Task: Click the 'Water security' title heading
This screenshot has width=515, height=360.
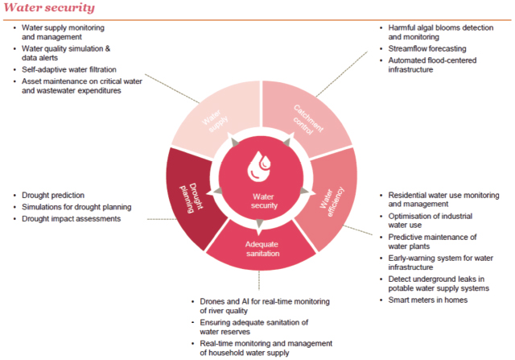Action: [x=49, y=7]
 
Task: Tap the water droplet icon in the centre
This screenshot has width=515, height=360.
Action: [x=259, y=167]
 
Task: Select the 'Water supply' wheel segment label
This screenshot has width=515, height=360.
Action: [x=215, y=121]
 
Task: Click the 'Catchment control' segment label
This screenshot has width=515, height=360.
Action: [x=307, y=120]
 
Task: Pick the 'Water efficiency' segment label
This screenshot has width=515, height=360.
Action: [x=332, y=201]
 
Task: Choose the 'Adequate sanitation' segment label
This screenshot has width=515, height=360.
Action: [x=262, y=249]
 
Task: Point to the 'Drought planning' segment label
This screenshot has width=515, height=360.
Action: [x=192, y=198]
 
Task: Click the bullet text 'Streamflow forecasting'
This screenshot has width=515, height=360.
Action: [x=427, y=48]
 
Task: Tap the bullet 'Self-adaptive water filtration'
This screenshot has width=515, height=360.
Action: [x=69, y=70]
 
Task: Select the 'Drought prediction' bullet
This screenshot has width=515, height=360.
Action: [x=53, y=195]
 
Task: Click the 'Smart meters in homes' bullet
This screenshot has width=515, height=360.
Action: [x=427, y=300]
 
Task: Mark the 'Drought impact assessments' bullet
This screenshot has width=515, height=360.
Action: [x=71, y=218]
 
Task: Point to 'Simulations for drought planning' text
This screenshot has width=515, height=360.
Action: [x=76, y=207]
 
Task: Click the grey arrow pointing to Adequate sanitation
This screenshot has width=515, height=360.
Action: [x=259, y=224]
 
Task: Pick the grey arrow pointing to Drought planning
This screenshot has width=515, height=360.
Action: [x=217, y=191]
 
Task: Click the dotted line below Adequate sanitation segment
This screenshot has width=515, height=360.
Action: [x=259, y=280]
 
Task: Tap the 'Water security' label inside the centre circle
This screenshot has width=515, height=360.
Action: [x=264, y=201]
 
